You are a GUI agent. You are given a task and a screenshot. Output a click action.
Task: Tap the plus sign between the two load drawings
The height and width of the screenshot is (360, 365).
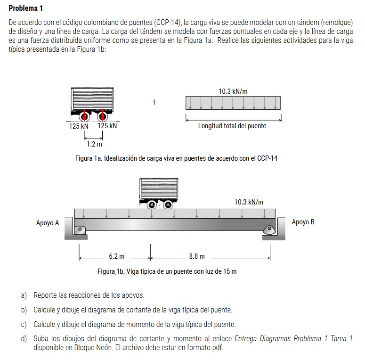[x=154, y=102]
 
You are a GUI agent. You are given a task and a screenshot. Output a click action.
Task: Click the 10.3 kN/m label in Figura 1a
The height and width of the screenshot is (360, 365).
[x=233, y=91]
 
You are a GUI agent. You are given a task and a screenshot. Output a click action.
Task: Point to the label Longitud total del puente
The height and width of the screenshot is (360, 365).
[x=232, y=126]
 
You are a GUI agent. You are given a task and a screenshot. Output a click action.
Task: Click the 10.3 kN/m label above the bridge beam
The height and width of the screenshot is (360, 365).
[x=249, y=202]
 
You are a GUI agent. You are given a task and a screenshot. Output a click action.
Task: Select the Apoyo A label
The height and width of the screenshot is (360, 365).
[x=48, y=223]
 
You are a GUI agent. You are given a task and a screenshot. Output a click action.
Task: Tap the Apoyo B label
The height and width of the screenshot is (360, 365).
[x=303, y=222]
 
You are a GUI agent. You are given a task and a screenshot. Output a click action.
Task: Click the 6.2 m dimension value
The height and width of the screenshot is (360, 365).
[x=117, y=257]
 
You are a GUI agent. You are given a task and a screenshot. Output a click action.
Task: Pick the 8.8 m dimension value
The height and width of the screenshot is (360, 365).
[x=197, y=257]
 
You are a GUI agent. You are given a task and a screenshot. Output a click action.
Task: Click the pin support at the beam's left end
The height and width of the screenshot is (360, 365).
[x=80, y=229]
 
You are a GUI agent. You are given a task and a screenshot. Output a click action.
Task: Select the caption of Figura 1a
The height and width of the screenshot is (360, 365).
[x=177, y=158]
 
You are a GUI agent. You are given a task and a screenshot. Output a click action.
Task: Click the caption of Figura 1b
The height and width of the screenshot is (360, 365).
[x=167, y=271]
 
